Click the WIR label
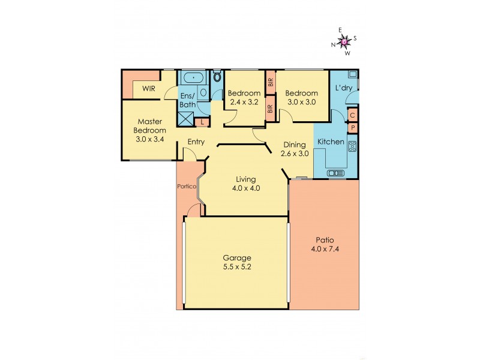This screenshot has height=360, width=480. coord(149,89)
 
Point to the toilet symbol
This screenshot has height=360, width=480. coord(217,76)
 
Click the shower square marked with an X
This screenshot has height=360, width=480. coord(185,118)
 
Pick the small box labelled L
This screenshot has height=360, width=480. coord(202,122)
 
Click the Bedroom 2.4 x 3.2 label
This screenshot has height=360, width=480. coord(244,97)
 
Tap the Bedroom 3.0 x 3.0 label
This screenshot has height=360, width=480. coord(301,97)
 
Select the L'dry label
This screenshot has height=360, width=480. coord(344,89)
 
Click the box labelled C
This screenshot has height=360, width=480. coord(353,115)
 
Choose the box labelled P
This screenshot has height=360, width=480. coord(353,128)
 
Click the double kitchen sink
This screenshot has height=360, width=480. coord(336,173)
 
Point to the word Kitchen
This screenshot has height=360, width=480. coord(330,142)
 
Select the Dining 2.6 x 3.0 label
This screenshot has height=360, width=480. coord(294,149)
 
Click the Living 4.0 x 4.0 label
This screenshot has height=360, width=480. coord(245,184)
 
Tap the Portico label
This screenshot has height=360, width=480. coord(187,186)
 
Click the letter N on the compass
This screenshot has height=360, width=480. coord(333,44)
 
